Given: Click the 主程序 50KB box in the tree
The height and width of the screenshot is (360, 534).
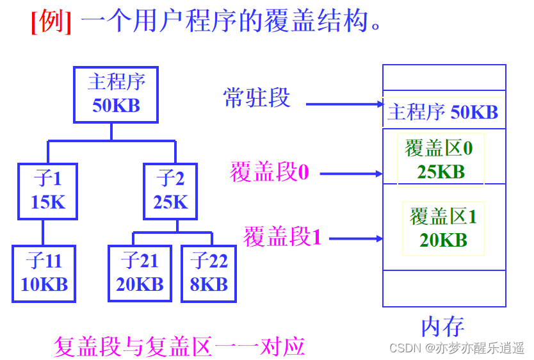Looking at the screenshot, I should click(x=116, y=94).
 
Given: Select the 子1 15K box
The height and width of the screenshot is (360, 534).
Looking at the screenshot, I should click(x=48, y=190).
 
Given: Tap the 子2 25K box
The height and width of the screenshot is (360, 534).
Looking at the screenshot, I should click(x=170, y=190).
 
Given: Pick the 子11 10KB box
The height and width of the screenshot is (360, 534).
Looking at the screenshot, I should click(x=44, y=273).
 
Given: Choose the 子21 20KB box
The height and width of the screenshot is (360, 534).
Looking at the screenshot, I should click(x=140, y=273).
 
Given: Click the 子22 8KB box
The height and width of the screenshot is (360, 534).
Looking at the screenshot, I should click(x=209, y=273).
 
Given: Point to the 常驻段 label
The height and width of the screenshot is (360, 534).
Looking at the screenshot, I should click(x=257, y=98).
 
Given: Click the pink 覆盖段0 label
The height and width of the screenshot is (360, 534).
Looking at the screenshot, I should click(x=269, y=172).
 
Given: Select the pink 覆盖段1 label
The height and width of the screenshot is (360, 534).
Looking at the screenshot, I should click(x=282, y=237).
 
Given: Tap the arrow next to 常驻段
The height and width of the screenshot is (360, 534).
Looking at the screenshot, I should click(x=344, y=104).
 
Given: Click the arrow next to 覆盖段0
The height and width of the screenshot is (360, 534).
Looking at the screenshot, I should click(x=350, y=173).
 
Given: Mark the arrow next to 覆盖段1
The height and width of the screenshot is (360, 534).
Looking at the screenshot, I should click(x=356, y=239).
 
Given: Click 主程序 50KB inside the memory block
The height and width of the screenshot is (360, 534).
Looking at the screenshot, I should click(x=443, y=113).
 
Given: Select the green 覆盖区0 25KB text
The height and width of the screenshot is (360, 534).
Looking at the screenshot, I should click(x=440, y=160).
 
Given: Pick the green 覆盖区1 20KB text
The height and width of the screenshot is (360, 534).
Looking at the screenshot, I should click(x=443, y=227).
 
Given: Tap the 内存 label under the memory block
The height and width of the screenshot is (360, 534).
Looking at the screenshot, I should click(x=442, y=326).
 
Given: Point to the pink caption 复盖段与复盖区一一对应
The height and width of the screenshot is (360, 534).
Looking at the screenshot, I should click(x=179, y=347).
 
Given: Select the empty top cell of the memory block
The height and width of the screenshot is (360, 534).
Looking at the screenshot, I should click(x=444, y=78).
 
